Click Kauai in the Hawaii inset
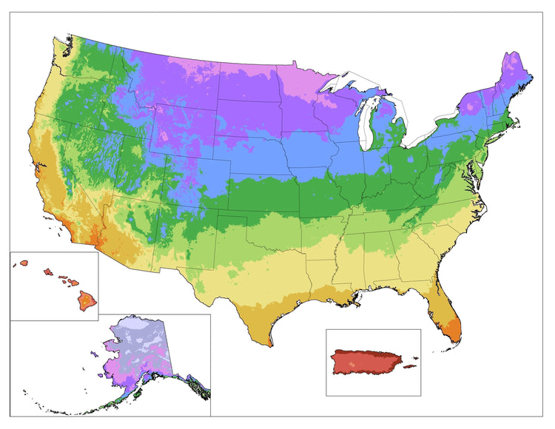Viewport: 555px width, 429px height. click(24, 263)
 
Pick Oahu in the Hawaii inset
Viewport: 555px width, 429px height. click(46, 271)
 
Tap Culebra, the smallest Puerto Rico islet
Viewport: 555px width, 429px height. click(415, 359)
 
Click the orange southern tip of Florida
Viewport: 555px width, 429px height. click(454, 331)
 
